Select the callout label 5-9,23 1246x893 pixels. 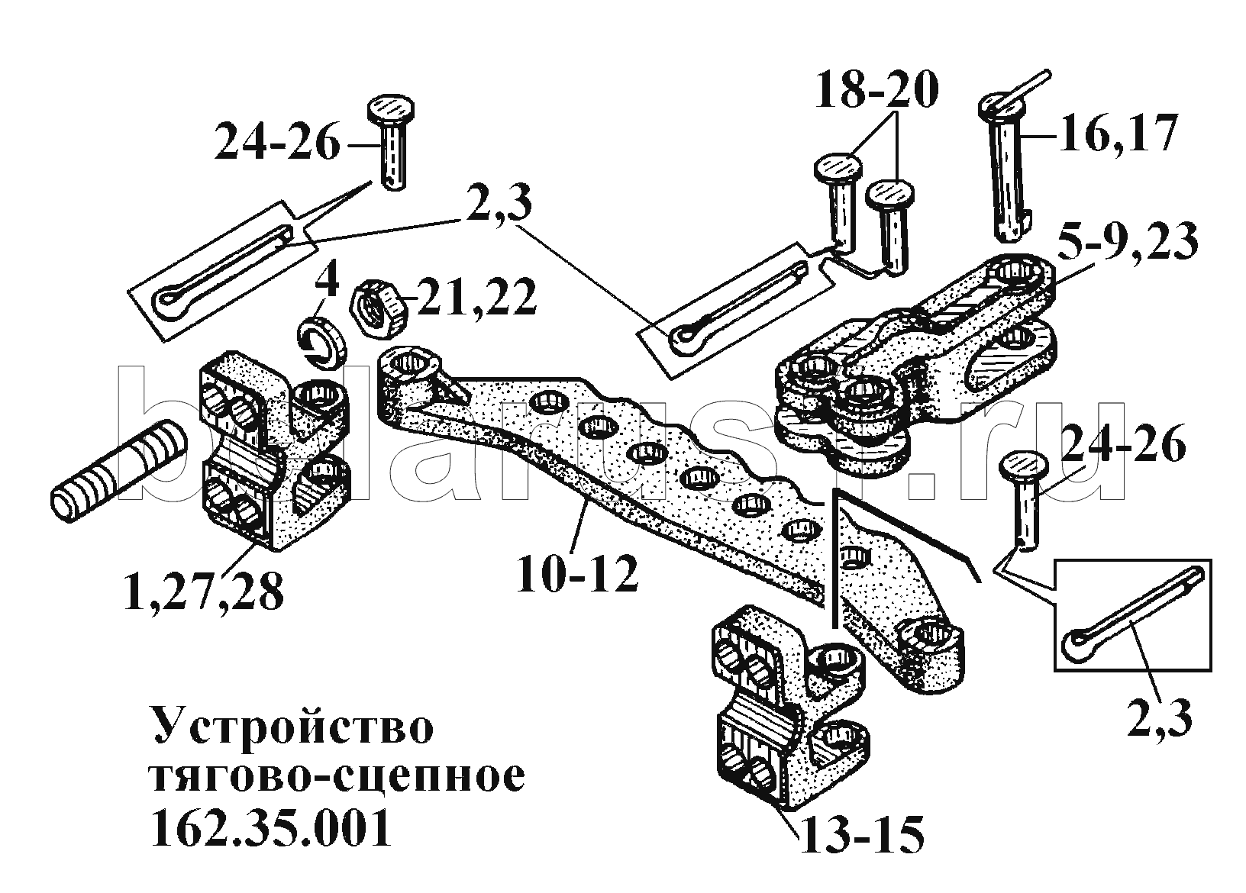coord(1130,243)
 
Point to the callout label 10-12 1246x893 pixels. coord(576,574)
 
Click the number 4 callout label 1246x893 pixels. coord(326,284)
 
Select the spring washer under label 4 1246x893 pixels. coord(322,341)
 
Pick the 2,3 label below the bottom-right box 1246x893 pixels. coord(1159,717)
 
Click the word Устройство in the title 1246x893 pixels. coord(293,727)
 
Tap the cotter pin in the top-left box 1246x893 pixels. coord(221,272)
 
